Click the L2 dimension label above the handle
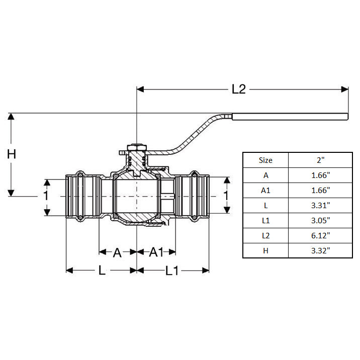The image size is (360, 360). (x=238, y=89)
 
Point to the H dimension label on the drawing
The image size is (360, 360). (x=12, y=154)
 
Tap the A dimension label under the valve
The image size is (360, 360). (x=117, y=252)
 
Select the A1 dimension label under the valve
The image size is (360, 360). (x=156, y=252)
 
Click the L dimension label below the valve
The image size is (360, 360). (x=102, y=271)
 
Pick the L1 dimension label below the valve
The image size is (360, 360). (x=172, y=271)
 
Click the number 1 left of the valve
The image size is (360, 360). (x=46, y=196)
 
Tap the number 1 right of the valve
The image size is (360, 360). (x=226, y=196)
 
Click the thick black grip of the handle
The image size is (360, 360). (x=290, y=117)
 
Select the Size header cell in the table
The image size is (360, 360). (x=265, y=160)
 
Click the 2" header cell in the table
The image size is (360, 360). (x=320, y=160)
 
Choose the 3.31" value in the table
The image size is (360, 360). (x=320, y=205)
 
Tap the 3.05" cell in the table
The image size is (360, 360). (x=320, y=220)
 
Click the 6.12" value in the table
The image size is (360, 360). (x=320, y=235)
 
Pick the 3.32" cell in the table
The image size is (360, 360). (x=320, y=250)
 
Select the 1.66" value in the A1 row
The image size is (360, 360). (x=320, y=190)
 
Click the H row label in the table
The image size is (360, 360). (x=265, y=250)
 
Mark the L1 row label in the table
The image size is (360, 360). (x=265, y=220)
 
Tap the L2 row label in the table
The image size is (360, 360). (x=265, y=235)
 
